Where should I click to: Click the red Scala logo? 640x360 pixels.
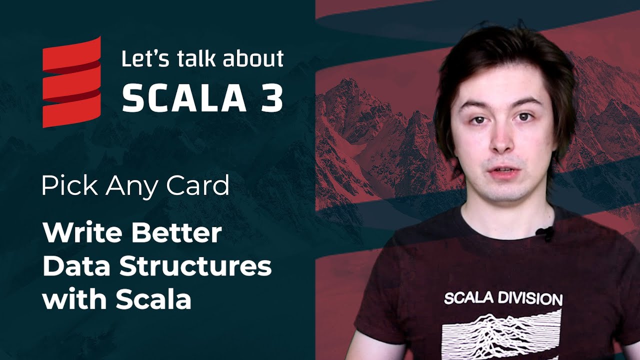coord(71,82)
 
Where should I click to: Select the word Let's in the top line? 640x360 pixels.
coord(145,58)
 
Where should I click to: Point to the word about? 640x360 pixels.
coord(253,58)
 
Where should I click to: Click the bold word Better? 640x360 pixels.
coord(177,233)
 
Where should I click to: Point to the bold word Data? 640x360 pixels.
coord(76,266)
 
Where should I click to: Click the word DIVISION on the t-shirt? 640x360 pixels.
coord(533,299)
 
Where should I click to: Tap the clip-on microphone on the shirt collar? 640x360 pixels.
coord(546,233)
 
